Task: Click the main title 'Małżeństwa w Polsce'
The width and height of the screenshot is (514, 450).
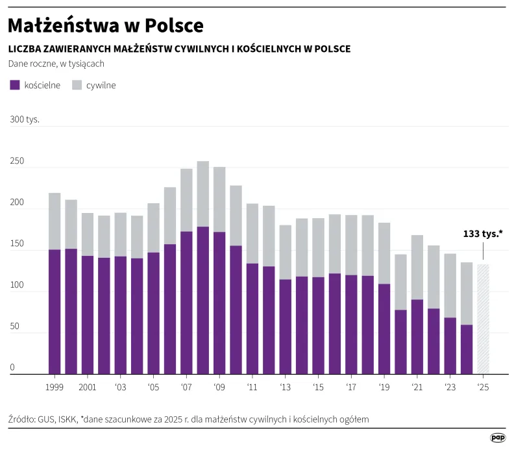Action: (x=106, y=25)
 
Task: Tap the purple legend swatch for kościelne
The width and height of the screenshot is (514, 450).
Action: (x=14, y=85)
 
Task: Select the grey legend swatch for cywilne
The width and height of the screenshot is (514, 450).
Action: (x=77, y=85)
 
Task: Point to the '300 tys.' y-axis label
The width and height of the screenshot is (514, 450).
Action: (x=25, y=119)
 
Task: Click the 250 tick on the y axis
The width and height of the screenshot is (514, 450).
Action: (x=17, y=161)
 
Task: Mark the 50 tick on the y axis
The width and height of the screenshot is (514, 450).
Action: (x=14, y=327)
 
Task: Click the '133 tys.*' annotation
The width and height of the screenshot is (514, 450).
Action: (x=483, y=234)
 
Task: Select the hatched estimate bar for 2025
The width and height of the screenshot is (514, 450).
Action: (x=483, y=319)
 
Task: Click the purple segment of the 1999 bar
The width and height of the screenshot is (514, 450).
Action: (x=55, y=312)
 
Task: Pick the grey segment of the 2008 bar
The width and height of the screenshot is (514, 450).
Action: (x=202, y=194)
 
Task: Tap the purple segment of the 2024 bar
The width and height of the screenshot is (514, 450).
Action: (x=467, y=349)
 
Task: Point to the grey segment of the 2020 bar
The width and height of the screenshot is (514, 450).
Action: (x=400, y=282)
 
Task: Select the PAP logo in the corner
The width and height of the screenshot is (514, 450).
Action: (x=498, y=438)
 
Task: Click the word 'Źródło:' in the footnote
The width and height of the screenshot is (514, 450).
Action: (x=21, y=419)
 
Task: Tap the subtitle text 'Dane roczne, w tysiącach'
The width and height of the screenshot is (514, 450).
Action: (x=56, y=64)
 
